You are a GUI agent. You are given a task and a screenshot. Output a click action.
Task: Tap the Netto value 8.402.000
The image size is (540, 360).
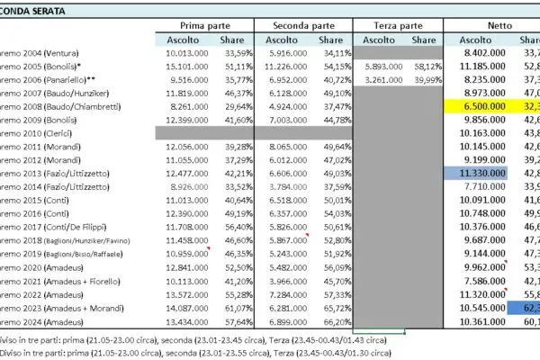point(487,52)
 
